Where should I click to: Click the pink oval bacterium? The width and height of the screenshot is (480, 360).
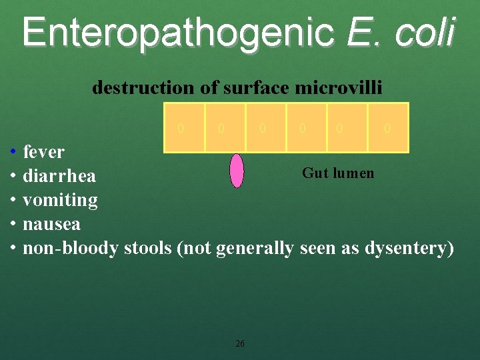coord(237,171)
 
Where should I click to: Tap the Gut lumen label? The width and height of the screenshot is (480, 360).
coord(338,173)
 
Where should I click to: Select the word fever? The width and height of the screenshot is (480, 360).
coord(44,152)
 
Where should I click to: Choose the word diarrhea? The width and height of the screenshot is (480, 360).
coord(59,177)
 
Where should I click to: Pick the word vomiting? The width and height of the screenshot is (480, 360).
coord(60,200)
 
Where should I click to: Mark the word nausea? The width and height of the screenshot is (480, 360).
coord(51,224)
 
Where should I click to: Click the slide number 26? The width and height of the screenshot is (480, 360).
coord(240,344)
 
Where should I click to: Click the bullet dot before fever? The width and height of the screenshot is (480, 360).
coord(13,152)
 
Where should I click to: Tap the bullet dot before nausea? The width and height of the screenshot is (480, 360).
coord(13,224)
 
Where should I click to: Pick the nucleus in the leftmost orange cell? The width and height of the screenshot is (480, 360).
coord(181,127)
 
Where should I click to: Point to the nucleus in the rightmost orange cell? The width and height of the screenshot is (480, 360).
coord(387,127)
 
